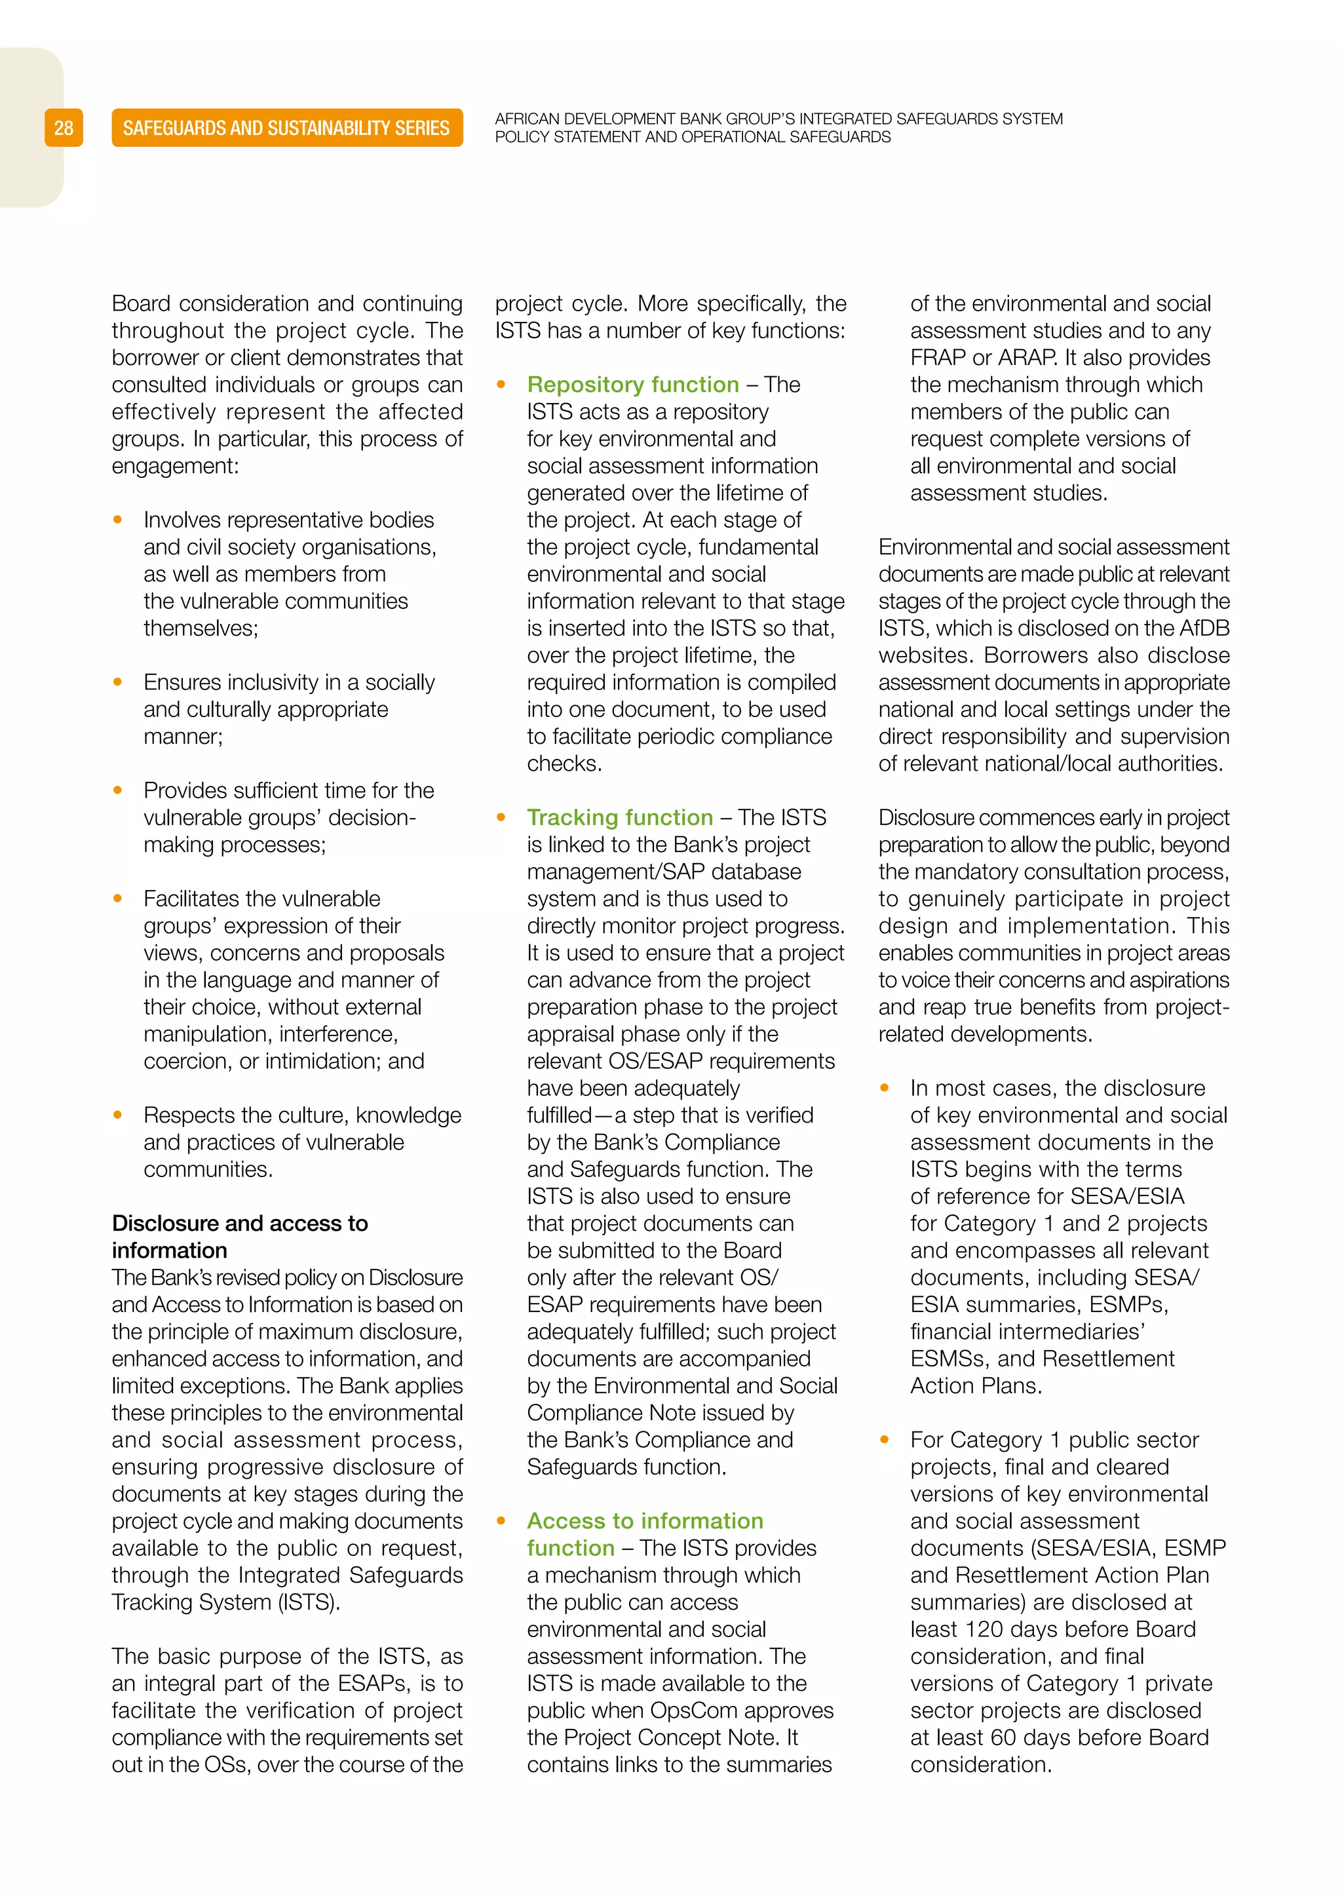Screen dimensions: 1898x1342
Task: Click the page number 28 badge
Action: coord(64,128)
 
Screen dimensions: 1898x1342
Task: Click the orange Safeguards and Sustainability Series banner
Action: coord(287,128)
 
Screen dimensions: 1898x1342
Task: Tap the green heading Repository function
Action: coord(632,385)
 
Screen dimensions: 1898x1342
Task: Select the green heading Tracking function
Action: coord(620,817)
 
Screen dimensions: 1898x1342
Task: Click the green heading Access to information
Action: coord(645,1521)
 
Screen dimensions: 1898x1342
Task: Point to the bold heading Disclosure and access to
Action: coord(240,1224)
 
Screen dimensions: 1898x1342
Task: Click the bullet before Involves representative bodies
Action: coord(118,520)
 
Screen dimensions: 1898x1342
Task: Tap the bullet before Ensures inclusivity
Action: coord(118,683)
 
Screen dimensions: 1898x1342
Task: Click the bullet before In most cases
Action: coord(885,1089)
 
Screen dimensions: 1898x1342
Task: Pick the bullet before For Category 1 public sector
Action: coord(885,1440)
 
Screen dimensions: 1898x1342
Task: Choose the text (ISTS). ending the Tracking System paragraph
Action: coord(308,1602)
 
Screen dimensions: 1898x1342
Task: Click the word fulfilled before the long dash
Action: coord(560,1115)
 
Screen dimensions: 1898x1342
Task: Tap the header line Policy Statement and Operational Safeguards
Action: coord(693,137)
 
